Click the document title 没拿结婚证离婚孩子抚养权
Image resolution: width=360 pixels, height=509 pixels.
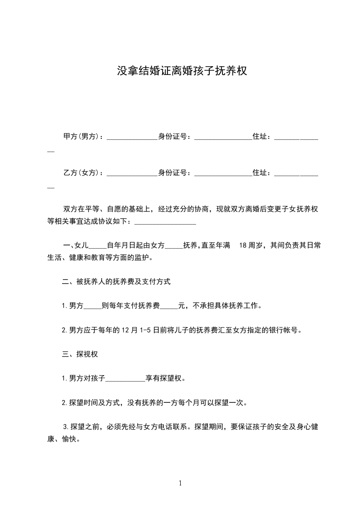tap(182, 71)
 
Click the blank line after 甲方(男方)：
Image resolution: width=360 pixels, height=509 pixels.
tap(132, 137)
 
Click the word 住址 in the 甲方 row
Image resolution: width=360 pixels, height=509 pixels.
tap(260, 136)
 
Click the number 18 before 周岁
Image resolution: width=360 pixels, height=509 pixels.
tap(242, 245)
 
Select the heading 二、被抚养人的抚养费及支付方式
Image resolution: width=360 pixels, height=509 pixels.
tap(116, 282)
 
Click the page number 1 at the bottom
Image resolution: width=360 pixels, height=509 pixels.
tap(180, 483)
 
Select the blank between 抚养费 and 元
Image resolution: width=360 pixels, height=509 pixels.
tap(169, 307)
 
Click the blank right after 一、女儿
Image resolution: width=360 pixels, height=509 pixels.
tap(96, 246)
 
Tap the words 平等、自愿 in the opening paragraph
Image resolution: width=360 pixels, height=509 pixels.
tap(102, 209)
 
